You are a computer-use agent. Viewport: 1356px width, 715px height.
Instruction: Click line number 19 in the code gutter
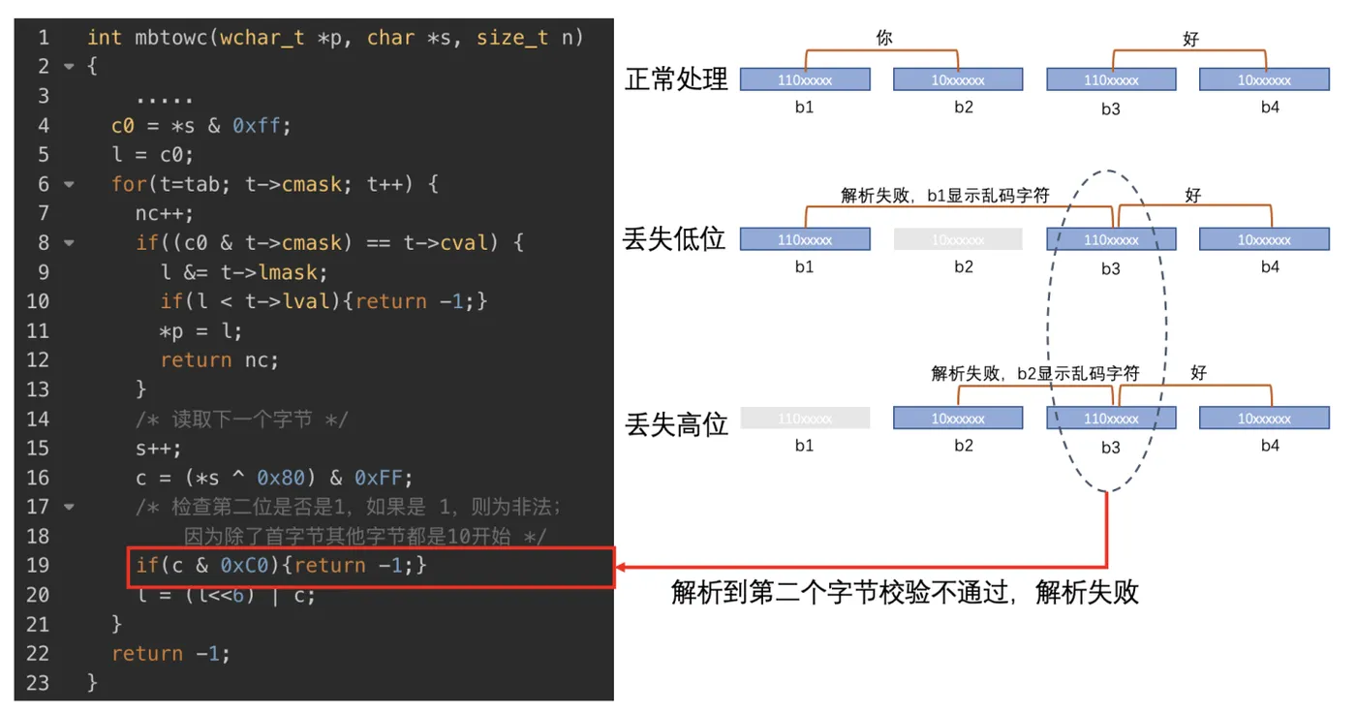[38, 566]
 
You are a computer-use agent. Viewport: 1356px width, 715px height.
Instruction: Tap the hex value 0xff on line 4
[261, 126]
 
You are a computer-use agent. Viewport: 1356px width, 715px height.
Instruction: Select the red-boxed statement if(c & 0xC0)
[281, 566]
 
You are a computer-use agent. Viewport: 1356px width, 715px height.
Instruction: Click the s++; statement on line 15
[158, 449]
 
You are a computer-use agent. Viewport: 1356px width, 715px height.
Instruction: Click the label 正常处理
[676, 79]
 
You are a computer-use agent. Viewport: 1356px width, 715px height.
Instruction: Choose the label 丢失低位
[675, 238]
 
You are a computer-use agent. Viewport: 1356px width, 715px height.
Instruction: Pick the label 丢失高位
[676, 423]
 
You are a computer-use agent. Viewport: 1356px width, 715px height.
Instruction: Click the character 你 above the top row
[883, 39]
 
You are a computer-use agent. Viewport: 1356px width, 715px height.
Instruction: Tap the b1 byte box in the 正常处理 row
[805, 79]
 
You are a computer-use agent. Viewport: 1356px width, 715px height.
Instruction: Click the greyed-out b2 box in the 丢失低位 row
[958, 239]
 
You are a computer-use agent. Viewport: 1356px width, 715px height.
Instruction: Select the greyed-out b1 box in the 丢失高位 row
[805, 419]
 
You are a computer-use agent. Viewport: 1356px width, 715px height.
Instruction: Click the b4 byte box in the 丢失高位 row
[1264, 419]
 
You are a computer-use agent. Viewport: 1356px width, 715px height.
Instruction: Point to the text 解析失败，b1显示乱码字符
[944, 196]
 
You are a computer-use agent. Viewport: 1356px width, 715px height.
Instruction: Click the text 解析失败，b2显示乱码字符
[1034, 373]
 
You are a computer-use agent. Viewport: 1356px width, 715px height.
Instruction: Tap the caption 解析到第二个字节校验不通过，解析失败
[905, 592]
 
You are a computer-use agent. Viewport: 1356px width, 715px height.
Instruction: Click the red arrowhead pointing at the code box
[623, 567]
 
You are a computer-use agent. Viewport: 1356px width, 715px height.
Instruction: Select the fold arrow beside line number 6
[69, 184]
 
